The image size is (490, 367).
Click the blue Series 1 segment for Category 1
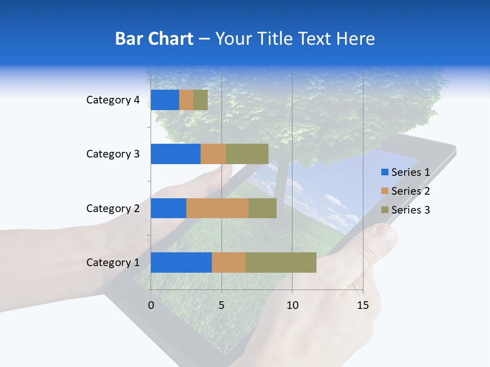181,263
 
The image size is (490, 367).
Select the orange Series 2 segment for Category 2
217,208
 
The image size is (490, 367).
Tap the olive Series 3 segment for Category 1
281,263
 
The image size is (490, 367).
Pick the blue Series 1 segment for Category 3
176,154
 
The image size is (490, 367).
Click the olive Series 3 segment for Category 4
201,100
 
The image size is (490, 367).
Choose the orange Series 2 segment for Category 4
186,100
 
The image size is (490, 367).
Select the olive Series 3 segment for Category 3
247,154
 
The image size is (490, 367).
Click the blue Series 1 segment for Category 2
168,208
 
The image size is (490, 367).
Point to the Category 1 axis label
113,263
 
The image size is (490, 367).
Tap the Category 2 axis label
113,208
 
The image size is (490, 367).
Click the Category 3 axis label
113,154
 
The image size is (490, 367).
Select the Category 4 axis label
113,100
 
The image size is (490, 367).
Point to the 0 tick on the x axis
151,305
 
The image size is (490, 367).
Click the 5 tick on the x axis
222,305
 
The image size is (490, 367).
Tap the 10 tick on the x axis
292,305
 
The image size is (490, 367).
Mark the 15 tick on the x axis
362,305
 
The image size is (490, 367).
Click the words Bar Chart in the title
154,39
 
